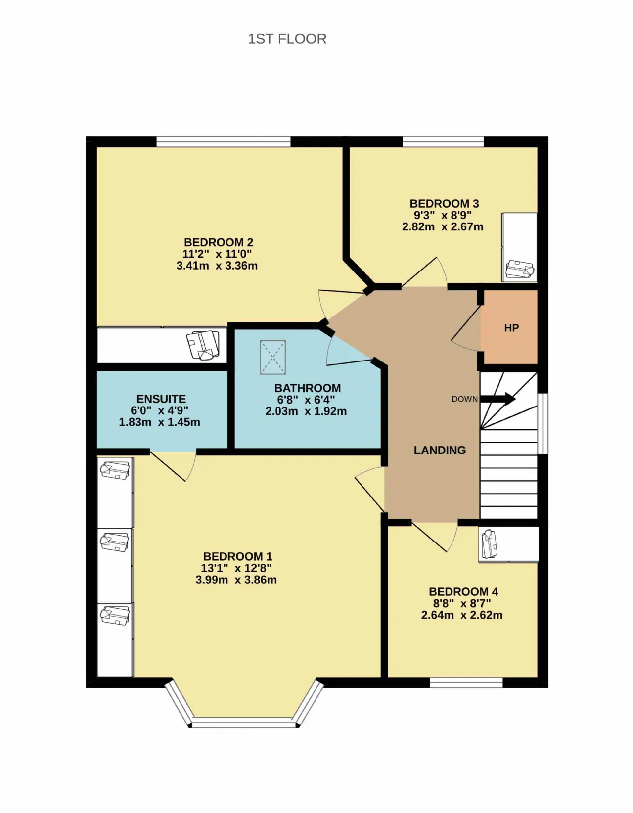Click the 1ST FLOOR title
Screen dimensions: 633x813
pyautogui.click(x=287, y=39)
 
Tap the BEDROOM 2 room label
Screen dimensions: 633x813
pyautogui.click(x=219, y=242)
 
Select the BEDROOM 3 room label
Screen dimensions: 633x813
pyautogui.click(x=444, y=204)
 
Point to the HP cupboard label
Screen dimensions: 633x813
pyautogui.click(x=511, y=328)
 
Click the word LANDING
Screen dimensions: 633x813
pyautogui.click(x=440, y=450)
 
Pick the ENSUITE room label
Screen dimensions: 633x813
pyautogui.click(x=161, y=399)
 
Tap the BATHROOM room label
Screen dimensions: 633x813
pyautogui.click(x=308, y=388)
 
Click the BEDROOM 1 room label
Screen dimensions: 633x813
pyautogui.click(x=237, y=556)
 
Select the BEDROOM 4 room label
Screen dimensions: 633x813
pyautogui.click(x=463, y=592)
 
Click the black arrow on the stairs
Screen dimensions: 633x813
pyautogui.click(x=498, y=399)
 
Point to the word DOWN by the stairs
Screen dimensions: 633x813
pyautogui.click(x=465, y=399)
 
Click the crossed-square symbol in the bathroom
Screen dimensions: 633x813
pyautogui.click(x=272, y=358)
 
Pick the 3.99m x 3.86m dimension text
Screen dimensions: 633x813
pyautogui.click(x=236, y=580)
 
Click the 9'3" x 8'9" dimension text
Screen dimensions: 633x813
pyautogui.click(x=443, y=215)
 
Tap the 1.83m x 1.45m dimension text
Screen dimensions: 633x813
pyautogui.click(x=159, y=422)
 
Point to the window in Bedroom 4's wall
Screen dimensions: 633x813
pyautogui.click(x=466, y=683)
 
